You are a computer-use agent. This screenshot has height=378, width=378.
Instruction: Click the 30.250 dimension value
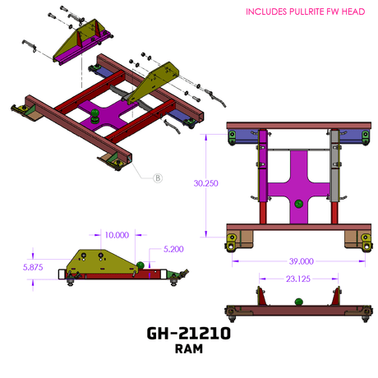pyautogui.click(x=205, y=183)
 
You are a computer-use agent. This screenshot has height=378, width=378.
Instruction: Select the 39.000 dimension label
pyautogui.click(x=302, y=261)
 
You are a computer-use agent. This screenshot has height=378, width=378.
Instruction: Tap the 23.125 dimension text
pyautogui.click(x=298, y=279)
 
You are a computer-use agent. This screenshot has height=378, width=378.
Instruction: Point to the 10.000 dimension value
pyautogui.click(x=117, y=235)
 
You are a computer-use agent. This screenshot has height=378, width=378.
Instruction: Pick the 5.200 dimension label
pyautogui.click(x=173, y=249)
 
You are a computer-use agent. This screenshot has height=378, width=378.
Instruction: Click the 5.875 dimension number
pyautogui.click(x=33, y=267)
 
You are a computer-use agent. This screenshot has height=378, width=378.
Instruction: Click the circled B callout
pyautogui.click(x=158, y=178)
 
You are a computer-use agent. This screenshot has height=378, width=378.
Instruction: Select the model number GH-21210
pyautogui.click(x=189, y=334)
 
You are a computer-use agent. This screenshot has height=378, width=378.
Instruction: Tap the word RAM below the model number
pyautogui.click(x=189, y=349)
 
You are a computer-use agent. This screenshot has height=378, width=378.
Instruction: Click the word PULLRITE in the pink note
pyautogui.click(x=307, y=12)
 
